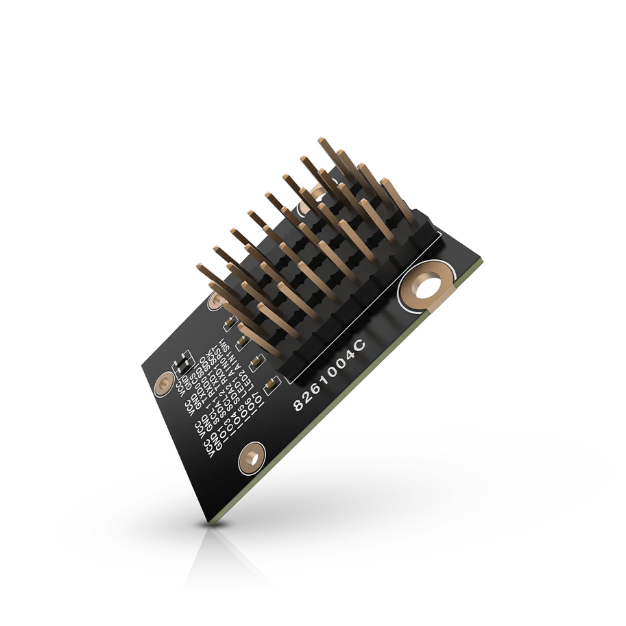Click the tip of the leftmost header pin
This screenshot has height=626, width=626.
point(200,266)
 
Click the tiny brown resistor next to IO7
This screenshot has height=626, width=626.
point(256,361)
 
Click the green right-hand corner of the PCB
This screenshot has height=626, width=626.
point(481,261)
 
